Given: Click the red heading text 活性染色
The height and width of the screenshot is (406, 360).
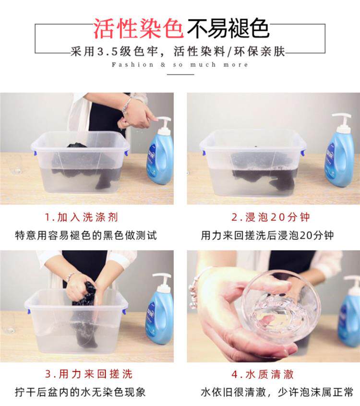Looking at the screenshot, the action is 138,29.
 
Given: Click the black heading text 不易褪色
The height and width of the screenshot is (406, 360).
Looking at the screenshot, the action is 228,29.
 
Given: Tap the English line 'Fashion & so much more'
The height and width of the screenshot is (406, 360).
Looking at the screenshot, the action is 180,65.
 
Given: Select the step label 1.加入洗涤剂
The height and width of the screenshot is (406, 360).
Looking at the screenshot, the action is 81,217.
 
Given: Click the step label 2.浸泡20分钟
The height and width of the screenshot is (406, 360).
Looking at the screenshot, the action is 270,217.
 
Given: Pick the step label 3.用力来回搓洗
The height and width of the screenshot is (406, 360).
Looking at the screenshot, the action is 89,374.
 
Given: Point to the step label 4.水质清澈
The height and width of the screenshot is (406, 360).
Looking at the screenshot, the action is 263,374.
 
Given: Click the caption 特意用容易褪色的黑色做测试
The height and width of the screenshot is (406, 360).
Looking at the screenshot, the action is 86,235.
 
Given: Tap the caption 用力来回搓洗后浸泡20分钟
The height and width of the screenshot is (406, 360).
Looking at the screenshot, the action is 267,235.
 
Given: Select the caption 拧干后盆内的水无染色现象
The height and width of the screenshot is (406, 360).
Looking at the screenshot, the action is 80,392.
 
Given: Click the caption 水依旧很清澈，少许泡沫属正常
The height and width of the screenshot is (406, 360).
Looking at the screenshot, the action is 277,392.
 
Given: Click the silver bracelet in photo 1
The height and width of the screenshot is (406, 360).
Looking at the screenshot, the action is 126,106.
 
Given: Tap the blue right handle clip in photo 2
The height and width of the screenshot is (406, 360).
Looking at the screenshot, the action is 302,152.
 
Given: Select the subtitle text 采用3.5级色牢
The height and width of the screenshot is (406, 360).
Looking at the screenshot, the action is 114,52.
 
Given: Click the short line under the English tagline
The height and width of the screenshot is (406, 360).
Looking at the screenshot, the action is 180,74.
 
